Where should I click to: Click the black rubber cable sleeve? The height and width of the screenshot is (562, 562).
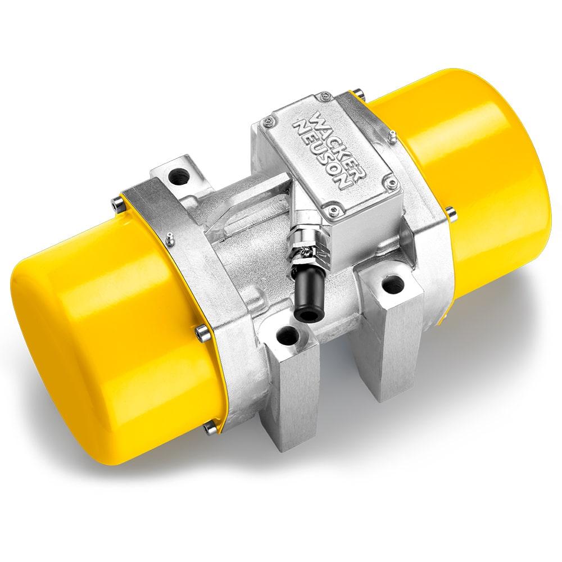pyautogui.click(x=309, y=292)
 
